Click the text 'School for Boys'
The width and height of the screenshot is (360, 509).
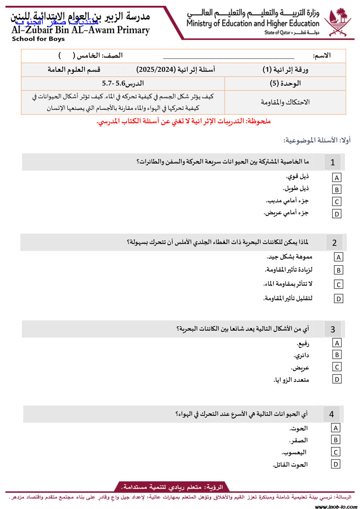tap(38, 39)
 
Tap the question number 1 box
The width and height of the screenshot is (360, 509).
tap(332, 162)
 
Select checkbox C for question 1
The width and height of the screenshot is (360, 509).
tap(336, 202)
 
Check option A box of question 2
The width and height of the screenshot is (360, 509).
tap(338, 257)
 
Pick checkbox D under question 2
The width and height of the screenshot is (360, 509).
tap(338, 299)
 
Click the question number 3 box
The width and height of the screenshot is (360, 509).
tap(332, 329)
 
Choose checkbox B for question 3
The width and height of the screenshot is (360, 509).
tap(336, 355)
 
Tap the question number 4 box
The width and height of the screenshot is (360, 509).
tap(331, 414)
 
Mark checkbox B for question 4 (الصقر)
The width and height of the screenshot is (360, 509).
tap(335, 440)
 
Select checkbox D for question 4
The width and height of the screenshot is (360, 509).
tap(335, 464)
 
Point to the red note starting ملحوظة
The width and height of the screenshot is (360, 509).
tap(184, 121)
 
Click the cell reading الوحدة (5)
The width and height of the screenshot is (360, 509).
tap(285, 83)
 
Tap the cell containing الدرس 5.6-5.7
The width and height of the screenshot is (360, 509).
tap(123, 83)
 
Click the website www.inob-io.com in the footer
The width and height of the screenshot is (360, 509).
tap(336, 506)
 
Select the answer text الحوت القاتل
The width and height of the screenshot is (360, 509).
tap(290, 464)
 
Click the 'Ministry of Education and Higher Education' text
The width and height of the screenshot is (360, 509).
tap(253, 24)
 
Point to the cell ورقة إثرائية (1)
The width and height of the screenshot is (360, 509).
tap(285, 70)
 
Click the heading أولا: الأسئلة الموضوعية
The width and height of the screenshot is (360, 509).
tap(317, 140)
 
